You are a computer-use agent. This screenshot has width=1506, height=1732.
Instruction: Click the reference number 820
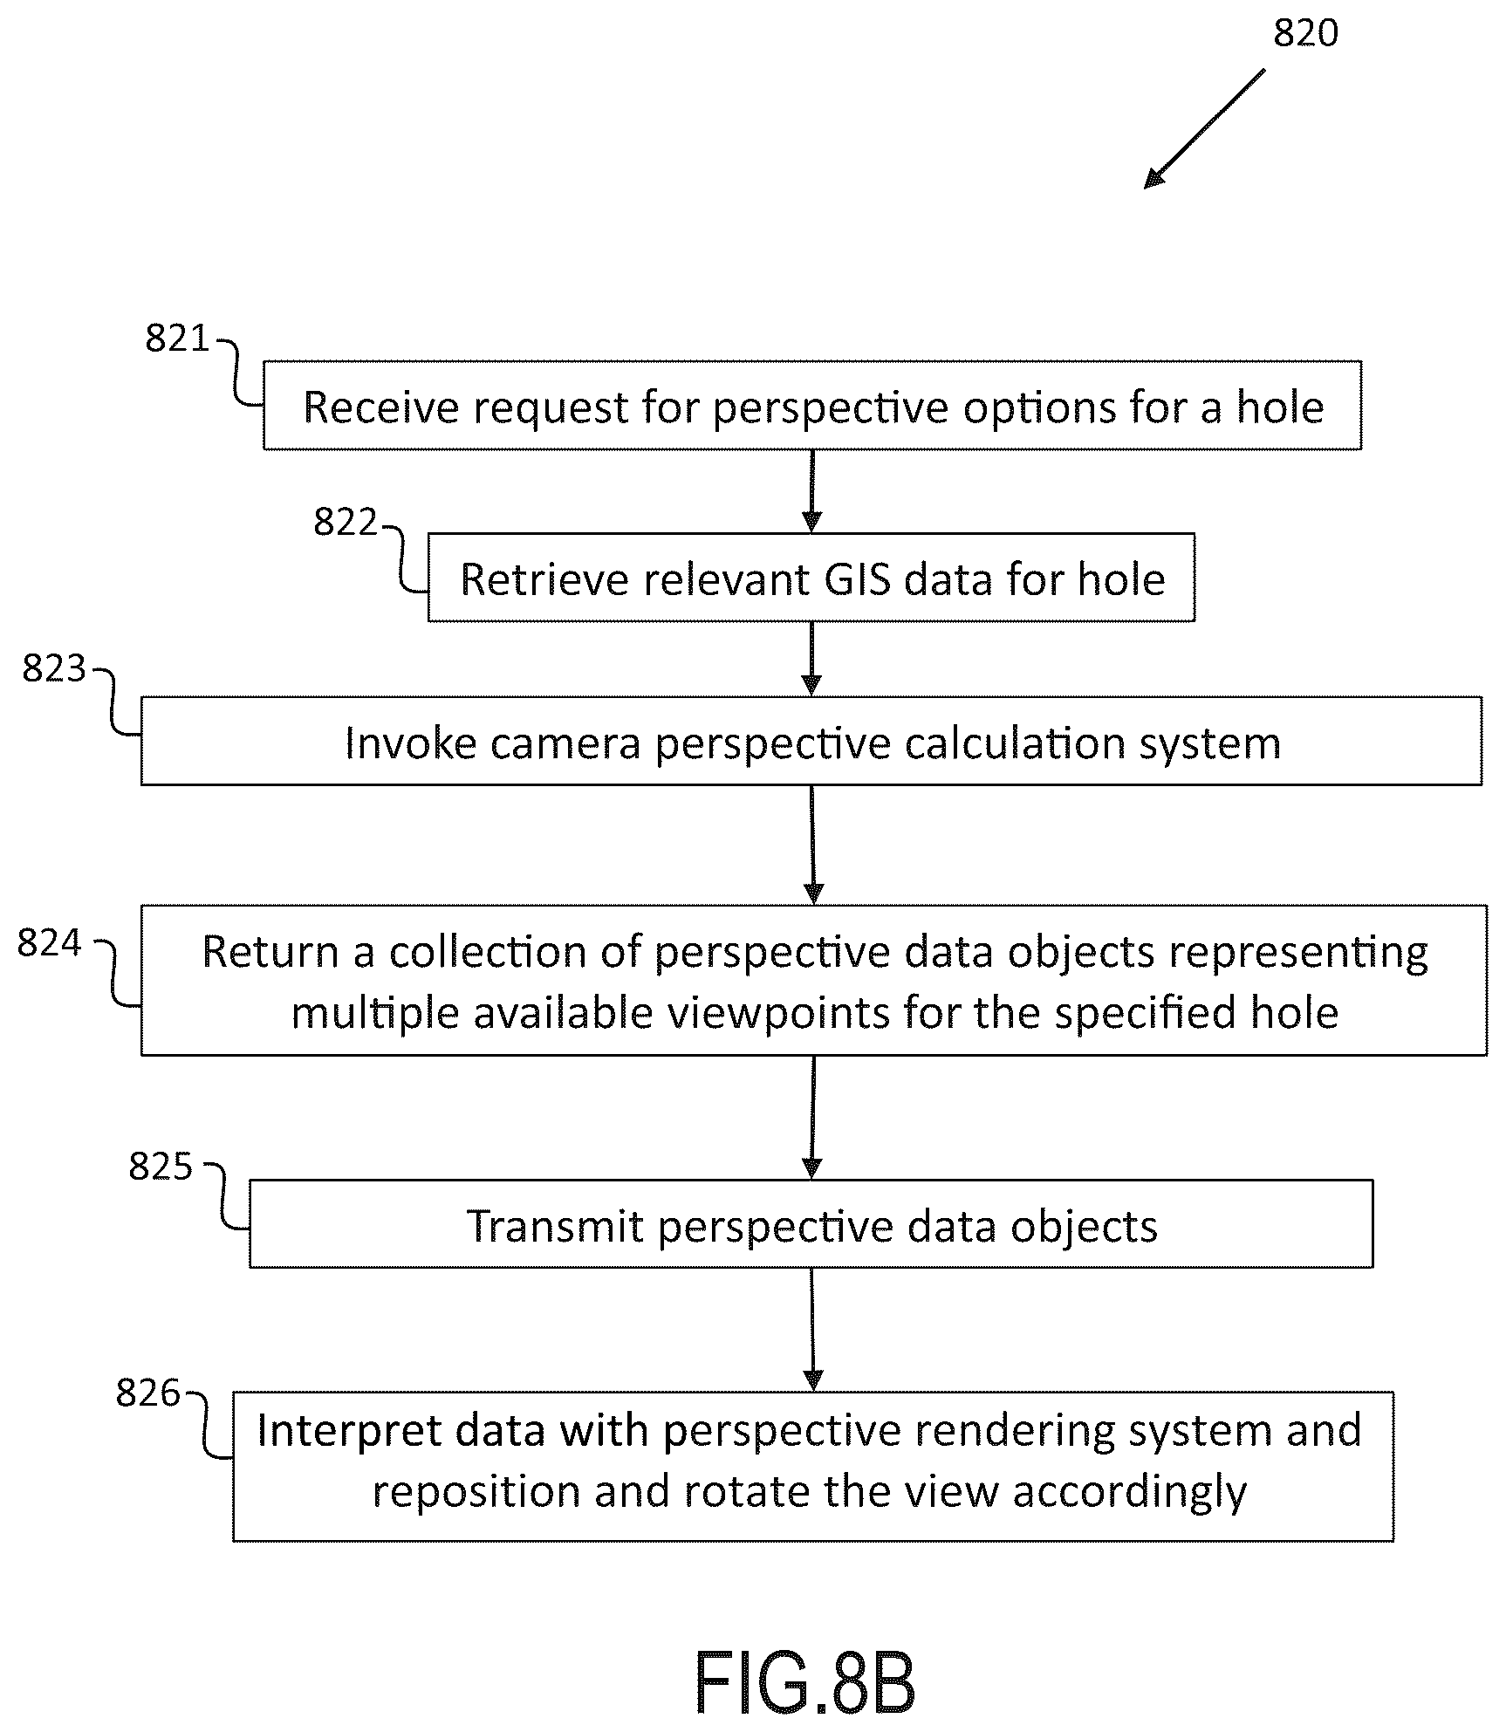[1305, 33]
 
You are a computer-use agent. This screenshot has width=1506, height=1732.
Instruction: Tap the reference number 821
[177, 339]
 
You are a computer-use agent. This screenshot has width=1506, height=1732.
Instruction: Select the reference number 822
[346, 522]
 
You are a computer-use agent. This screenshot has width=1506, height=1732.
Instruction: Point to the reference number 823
[54, 668]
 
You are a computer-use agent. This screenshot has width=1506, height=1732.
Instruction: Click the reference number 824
[49, 943]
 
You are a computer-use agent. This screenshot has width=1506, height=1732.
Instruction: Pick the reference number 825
[161, 1166]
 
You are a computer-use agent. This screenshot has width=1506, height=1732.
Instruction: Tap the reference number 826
[148, 1393]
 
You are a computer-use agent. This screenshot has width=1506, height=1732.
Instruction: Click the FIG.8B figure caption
[804, 1683]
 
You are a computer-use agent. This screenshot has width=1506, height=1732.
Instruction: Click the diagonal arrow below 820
[1204, 129]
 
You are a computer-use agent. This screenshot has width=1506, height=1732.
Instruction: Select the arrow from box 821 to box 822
[811, 491]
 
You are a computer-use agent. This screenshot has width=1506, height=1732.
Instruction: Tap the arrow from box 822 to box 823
[811, 659]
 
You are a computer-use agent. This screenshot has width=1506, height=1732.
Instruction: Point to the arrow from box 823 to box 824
[812, 845]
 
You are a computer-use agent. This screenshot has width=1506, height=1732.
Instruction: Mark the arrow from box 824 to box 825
[812, 1118]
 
